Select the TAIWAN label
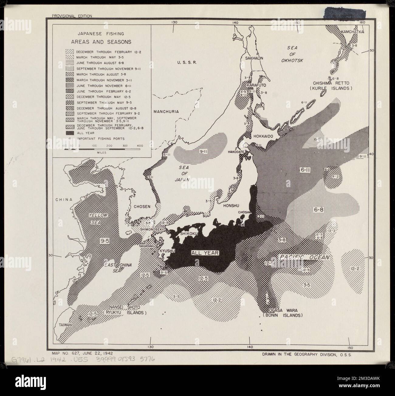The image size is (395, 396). tap(64, 325)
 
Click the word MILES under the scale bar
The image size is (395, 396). tap(101, 152)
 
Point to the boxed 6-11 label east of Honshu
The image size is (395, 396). tap(305, 171)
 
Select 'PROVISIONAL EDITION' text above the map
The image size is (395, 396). tap(72, 16)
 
